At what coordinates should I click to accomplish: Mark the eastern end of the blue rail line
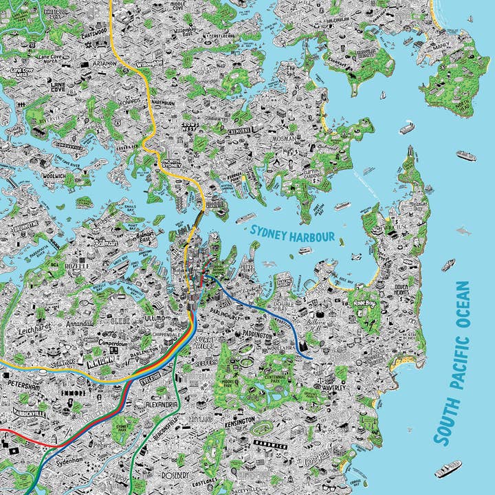coord(311,358)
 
